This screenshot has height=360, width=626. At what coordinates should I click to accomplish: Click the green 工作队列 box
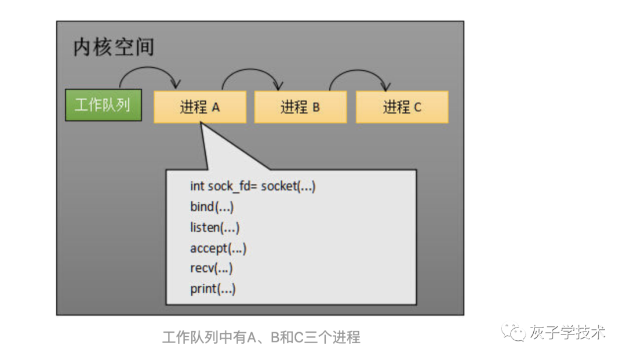pos(103,106)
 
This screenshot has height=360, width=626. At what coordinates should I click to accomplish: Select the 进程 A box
pos(200,107)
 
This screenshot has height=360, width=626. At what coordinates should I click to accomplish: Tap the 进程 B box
pos(300,107)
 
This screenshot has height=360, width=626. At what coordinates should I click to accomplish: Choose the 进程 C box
pos(402,107)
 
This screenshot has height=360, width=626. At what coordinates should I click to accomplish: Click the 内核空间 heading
pos(114,48)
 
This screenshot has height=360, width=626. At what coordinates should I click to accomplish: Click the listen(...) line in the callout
pos(214,228)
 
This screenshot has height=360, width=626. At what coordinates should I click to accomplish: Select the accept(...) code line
pos(218,249)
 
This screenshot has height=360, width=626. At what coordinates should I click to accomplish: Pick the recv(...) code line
pos(211,269)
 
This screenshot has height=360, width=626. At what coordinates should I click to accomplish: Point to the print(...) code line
pos(213,289)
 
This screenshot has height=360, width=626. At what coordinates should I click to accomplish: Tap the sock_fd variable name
pos(230,187)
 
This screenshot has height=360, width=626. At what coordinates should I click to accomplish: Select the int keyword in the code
pos(197,187)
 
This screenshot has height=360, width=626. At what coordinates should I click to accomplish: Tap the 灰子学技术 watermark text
pos(567,333)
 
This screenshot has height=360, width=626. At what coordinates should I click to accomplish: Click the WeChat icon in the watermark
pos(514,333)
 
